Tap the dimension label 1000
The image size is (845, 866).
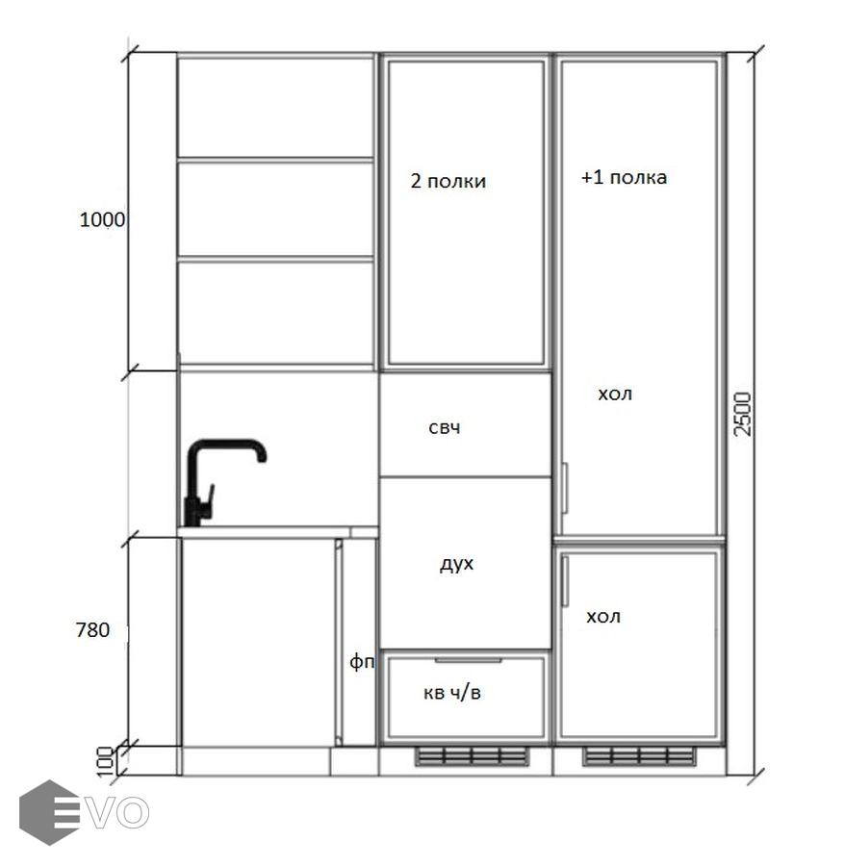coord(102,219)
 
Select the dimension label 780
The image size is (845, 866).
coord(92,629)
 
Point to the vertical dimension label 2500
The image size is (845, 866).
coord(742,414)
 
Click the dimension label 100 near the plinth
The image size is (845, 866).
coord(105,762)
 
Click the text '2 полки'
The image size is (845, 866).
coord(448,181)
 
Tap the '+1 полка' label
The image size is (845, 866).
coord(624,178)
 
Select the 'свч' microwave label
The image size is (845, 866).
coord(445,427)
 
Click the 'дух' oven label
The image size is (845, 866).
coord(457,565)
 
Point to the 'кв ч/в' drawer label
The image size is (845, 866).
coord(452,693)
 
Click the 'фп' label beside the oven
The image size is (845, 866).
coord(362,661)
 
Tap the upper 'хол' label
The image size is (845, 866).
coord(615,395)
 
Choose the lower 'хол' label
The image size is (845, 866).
coord(603,617)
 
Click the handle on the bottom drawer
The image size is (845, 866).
coord(468,660)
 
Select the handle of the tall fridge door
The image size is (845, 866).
coord(564,488)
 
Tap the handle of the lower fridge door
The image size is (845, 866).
coord(565,581)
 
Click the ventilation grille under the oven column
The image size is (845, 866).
coord(472,756)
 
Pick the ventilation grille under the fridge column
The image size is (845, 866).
coord(639,756)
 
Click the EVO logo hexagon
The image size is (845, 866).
coord(49,812)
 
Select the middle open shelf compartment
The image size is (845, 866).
coord(275,210)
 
